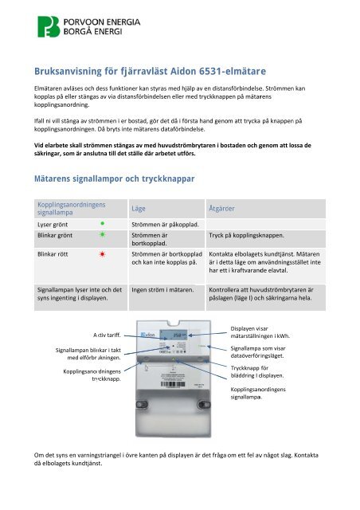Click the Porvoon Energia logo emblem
[50, 25]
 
